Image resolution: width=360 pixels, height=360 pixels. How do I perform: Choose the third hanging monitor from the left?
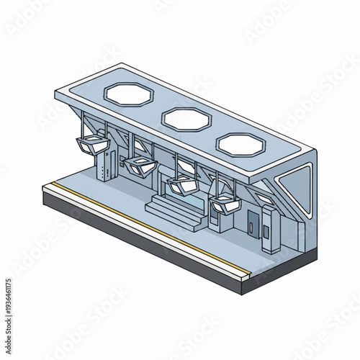point(181,186)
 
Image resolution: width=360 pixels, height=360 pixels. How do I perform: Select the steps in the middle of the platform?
point(167,210)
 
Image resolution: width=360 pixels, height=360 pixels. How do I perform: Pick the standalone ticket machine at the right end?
point(269,229)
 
